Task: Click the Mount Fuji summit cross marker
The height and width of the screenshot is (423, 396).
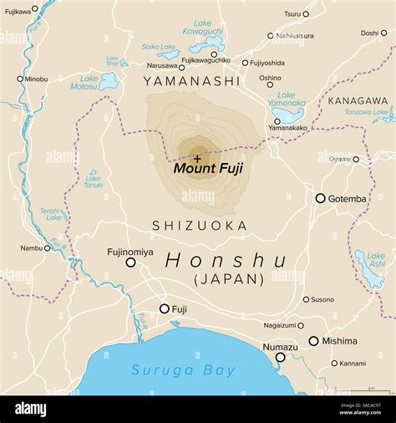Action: tap(197, 156)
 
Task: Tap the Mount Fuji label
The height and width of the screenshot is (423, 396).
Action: tap(208, 168)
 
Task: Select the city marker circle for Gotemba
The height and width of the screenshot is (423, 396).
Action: tap(320, 198)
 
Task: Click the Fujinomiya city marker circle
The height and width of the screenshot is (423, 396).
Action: tap(130, 262)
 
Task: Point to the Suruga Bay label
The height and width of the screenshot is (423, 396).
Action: tap(183, 370)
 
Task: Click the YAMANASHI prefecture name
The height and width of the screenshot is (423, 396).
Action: tap(191, 81)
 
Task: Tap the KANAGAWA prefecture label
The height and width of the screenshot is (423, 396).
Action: tap(358, 100)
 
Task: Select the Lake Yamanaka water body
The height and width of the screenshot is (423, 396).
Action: tap(289, 115)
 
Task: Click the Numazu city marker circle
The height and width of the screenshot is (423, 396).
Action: tap(281, 357)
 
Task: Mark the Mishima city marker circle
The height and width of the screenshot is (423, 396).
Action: tap(313, 341)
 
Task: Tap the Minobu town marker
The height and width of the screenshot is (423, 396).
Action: tap(20, 79)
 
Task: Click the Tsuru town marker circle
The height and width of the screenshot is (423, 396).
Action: tap(306, 13)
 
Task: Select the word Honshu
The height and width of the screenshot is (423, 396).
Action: tap(226, 260)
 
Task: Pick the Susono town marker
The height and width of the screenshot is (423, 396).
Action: tap(306, 299)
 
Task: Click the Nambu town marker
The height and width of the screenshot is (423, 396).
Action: tap(48, 247)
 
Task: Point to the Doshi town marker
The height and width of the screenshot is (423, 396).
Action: tap(385, 33)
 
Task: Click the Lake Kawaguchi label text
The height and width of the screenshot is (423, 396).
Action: tap(203, 27)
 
